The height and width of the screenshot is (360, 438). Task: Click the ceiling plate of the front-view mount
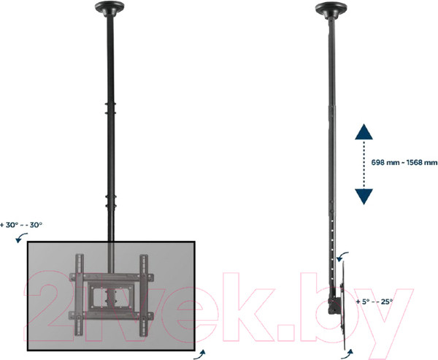pos(110,11)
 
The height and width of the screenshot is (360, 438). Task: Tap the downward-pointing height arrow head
pos(364,195)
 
